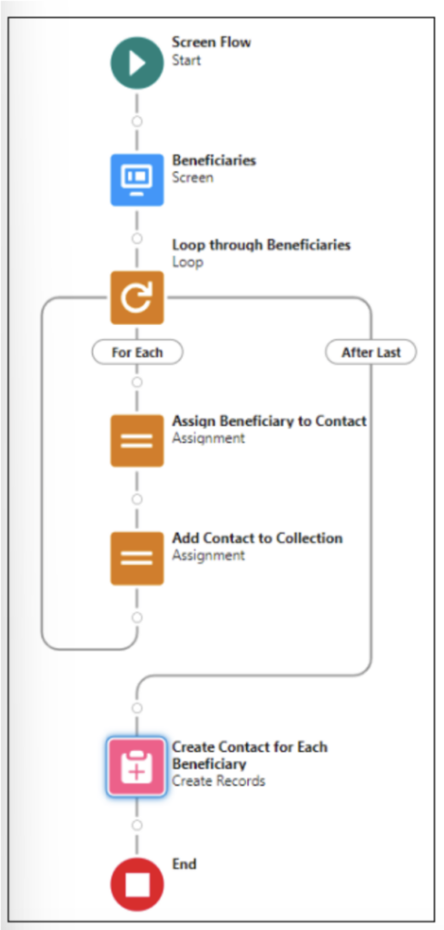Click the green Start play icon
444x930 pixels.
click(x=137, y=63)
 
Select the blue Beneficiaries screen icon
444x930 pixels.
click(x=137, y=180)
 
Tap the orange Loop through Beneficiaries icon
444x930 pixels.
click(x=137, y=298)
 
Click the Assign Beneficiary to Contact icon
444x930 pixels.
click(x=137, y=440)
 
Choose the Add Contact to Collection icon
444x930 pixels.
click(x=137, y=559)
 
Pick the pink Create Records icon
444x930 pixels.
click(x=137, y=767)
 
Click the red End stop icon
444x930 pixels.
click(x=137, y=885)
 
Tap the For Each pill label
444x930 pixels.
click(x=137, y=353)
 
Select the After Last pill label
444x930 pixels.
click(x=371, y=353)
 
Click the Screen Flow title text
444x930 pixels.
click(x=211, y=42)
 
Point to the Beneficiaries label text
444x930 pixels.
click(x=214, y=160)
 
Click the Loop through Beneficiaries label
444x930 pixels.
click(x=261, y=244)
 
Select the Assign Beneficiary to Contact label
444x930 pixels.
click(x=269, y=421)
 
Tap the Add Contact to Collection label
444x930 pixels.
click(x=257, y=538)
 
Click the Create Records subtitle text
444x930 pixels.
click(x=218, y=780)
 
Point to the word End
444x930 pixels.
click(x=184, y=865)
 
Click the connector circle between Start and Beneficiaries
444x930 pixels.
click(x=137, y=122)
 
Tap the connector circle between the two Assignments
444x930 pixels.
click(x=137, y=500)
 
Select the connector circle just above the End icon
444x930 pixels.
click(x=137, y=826)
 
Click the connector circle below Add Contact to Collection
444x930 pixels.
click(x=137, y=618)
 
